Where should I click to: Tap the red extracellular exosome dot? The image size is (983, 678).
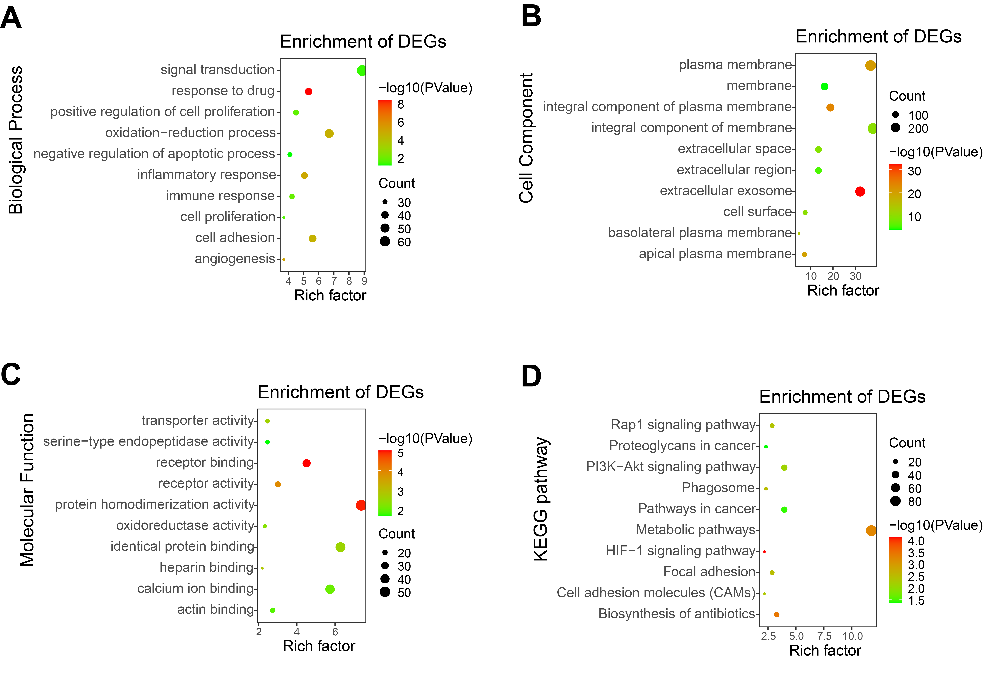click(860, 192)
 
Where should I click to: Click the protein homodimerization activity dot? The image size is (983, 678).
click(360, 505)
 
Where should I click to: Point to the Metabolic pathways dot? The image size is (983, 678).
click(871, 531)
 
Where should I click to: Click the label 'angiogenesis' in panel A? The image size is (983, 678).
click(235, 259)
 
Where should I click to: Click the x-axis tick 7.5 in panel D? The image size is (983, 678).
click(824, 636)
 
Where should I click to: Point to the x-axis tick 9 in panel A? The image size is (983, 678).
click(364, 281)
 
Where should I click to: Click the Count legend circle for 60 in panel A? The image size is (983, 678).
click(385, 242)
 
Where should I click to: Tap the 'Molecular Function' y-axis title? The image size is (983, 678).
click(27, 490)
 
